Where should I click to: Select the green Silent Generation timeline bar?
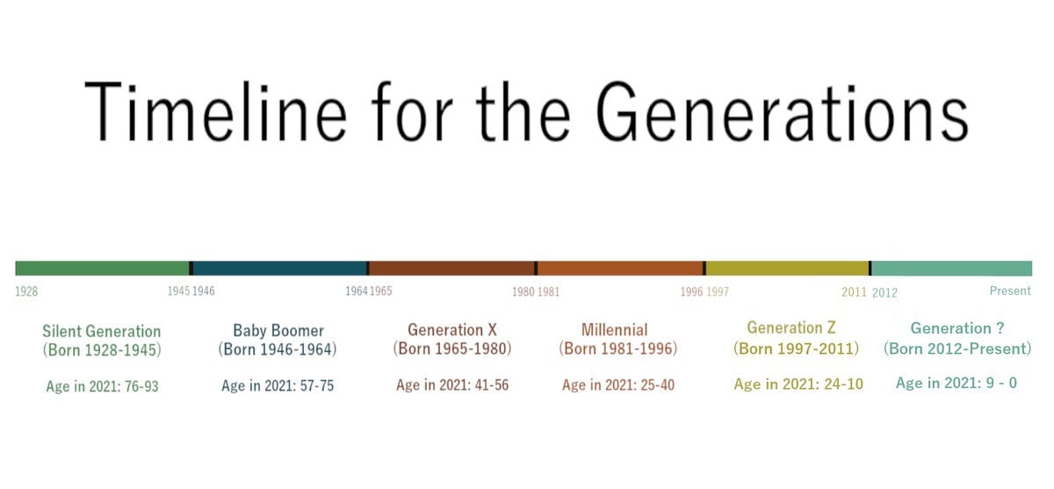(102, 268)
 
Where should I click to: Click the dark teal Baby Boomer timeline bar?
(279, 268)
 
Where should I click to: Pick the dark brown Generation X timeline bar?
(451, 268)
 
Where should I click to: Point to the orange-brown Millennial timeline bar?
(620, 268)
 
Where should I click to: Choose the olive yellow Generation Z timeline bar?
(787, 268)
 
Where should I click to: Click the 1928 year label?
(26, 291)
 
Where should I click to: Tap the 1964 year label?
(356, 291)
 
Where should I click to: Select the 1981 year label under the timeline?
(548, 291)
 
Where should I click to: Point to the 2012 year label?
(884, 292)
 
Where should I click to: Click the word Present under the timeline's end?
(1010, 291)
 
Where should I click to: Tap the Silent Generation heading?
(102, 331)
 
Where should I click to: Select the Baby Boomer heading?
(278, 330)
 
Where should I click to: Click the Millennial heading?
(615, 330)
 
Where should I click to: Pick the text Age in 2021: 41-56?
(452, 385)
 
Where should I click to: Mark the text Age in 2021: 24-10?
(798, 385)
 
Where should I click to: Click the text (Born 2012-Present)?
(957, 349)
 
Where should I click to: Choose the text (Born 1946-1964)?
(278, 349)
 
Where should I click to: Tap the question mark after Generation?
(1000, 328)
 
